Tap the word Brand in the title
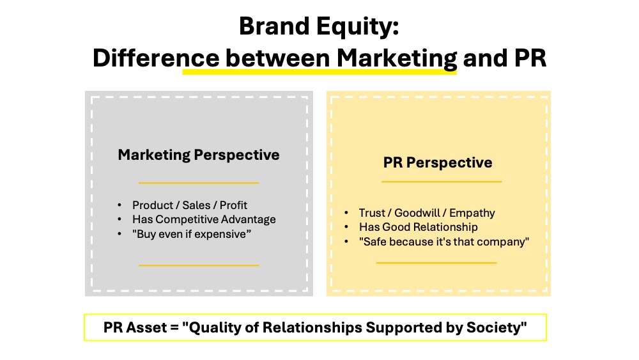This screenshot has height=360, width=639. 274,26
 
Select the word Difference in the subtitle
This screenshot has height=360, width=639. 156,58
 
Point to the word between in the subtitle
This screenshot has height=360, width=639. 277,58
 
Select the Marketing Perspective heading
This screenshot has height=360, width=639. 199,155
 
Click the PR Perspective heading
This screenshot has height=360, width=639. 438,162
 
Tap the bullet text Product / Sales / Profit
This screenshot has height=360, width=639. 190,205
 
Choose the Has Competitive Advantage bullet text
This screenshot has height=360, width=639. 204,220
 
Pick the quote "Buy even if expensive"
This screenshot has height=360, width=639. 192,234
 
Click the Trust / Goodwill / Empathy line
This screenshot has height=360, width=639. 427,213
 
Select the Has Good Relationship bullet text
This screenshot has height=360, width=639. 418,227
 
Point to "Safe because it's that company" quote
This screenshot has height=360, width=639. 444,242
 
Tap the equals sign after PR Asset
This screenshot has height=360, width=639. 174,328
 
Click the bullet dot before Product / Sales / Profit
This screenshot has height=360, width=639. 119,205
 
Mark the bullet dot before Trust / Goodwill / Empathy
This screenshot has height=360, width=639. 346,213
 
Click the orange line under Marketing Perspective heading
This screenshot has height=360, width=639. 199,183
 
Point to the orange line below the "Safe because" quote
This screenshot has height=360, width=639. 436,263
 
